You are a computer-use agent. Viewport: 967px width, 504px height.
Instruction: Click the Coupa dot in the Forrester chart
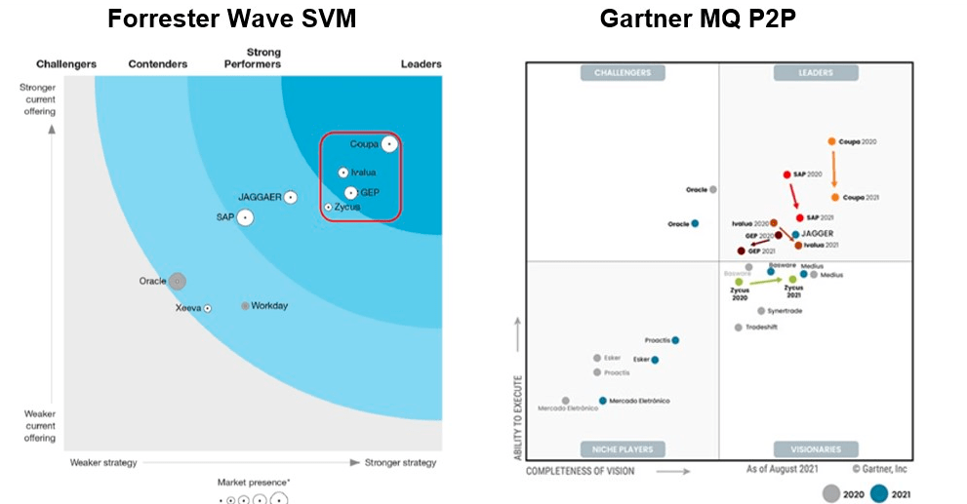(x=389, y=144)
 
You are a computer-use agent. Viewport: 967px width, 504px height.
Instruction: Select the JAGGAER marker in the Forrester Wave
(x=290, y=198)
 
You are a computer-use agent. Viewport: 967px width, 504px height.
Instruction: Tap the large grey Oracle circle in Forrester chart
(x=177, y=282)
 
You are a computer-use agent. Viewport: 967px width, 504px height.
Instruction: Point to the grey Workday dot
(x=245, y=306)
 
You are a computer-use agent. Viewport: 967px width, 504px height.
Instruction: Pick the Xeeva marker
(x=208, y=308)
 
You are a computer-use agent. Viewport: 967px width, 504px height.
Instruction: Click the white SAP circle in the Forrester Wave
(x=245, y=217)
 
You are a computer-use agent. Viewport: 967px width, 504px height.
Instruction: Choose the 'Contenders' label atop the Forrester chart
(x=158, y=64)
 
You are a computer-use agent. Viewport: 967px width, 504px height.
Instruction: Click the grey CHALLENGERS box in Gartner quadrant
(x=622, y=73)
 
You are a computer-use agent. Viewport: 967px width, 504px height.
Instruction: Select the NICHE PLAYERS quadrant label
(x=623, y=449)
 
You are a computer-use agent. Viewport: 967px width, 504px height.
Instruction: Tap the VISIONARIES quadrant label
(x=816, y=449)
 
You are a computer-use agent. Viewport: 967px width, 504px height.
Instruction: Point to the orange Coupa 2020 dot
(x=832, y=141)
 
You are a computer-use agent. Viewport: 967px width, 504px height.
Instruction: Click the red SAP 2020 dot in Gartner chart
(x=786, y=174)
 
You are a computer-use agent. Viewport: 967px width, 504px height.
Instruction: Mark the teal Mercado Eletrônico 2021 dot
(x=603, y=401)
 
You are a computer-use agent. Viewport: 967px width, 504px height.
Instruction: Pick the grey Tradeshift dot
(x=739, y=328)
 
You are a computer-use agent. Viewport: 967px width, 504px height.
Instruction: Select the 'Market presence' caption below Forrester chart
(x=254, y=483)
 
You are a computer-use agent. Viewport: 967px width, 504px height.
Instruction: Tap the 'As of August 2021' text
(x=784, y=470)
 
